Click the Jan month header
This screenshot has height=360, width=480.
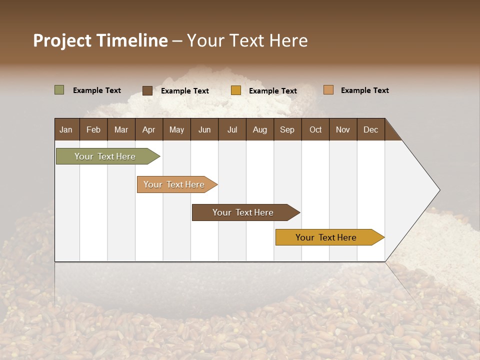66,129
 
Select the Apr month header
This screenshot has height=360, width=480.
148,129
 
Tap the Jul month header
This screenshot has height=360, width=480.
232,129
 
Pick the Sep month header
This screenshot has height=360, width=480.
287,129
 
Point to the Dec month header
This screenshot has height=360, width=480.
370,129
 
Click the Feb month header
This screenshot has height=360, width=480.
93,129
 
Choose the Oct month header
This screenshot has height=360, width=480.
315,129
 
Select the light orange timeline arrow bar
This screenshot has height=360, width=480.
175,184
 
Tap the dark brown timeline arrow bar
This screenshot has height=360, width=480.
244,212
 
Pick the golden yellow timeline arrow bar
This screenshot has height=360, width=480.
327,237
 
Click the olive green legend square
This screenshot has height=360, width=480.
59,90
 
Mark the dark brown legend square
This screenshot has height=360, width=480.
147,90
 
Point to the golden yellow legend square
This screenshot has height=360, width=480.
236,90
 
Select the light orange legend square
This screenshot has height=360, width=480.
328,90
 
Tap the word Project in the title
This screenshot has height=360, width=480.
61,40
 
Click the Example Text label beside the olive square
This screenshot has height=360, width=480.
97,90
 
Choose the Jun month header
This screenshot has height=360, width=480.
204,129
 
